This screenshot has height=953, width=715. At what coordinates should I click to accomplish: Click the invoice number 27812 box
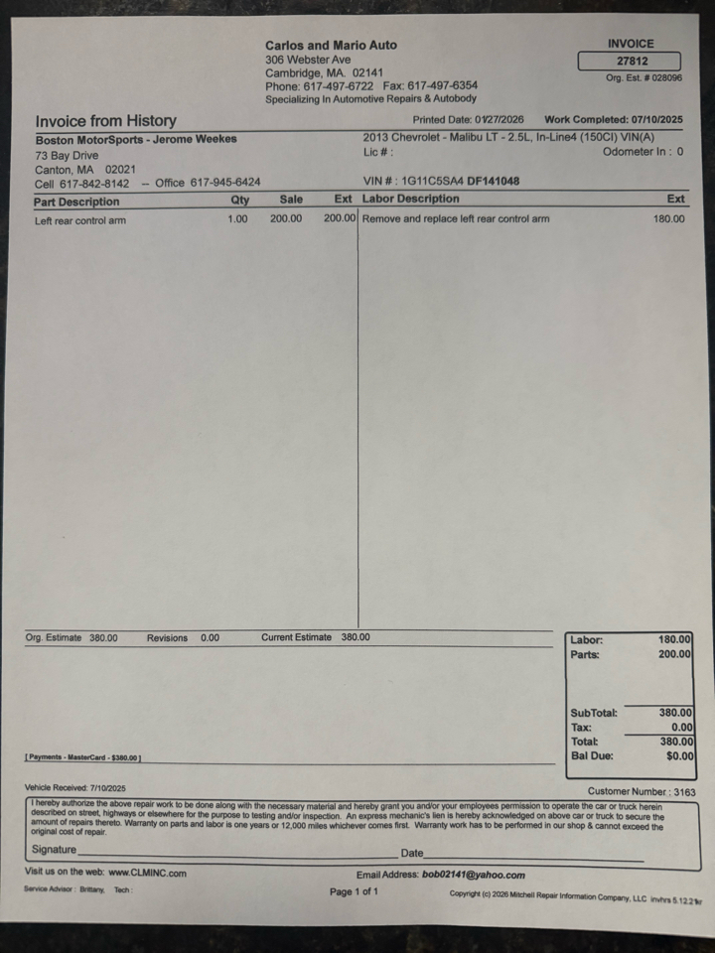coord(629,61)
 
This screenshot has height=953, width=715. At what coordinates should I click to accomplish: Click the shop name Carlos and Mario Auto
coord(331,45)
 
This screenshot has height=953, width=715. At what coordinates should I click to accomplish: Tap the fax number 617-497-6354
coord(443,85)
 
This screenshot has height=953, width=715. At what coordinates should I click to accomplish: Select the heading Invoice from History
coord(105,121)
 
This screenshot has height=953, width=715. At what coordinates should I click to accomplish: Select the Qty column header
coord(239,200)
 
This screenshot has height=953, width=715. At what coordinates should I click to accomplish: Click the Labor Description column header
coord(410,199)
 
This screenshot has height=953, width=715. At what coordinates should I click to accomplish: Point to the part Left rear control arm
coord(80,220)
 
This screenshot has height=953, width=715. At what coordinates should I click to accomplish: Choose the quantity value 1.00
coord(237,218)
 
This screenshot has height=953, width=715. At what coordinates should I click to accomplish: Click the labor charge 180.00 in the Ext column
coord(668,218)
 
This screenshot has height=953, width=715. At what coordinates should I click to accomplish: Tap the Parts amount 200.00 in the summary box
coord(674,655)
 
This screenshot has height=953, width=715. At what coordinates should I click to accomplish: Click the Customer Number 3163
coord(683,792)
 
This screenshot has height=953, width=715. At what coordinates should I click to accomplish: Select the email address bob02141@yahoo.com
coord(474,876)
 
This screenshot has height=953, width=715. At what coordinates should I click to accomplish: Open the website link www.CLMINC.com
coord(147,873)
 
